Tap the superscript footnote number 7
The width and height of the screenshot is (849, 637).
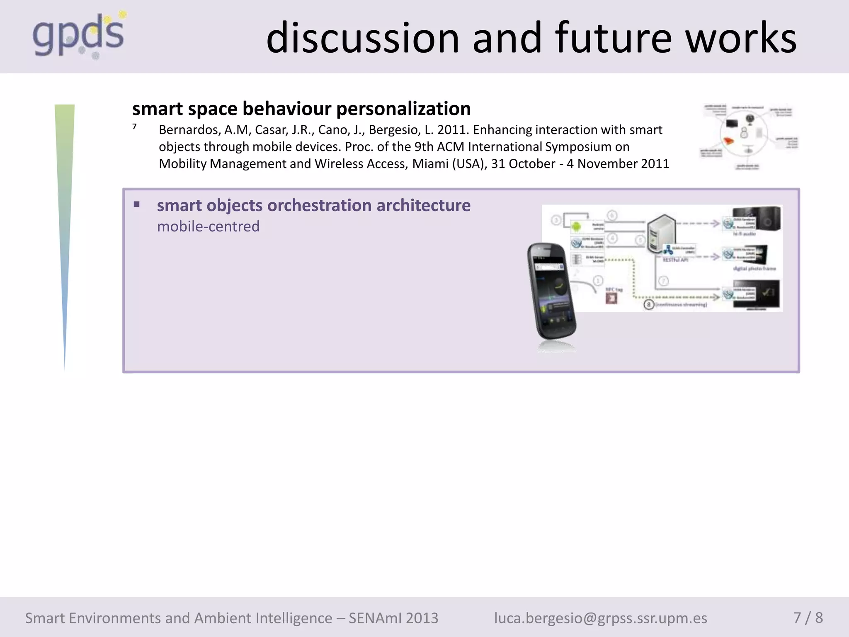[134, 127]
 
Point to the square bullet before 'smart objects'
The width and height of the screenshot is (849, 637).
[136, 204]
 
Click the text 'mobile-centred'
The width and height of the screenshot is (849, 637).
[208, 226]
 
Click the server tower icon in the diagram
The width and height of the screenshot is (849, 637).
[661, 233]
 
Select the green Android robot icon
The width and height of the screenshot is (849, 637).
[576, 226]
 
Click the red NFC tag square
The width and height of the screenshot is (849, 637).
[611, 298]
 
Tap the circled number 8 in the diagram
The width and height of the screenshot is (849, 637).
[649, 305]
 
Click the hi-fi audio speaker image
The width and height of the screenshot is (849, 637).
[768, 219]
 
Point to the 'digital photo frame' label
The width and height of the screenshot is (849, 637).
[754, 269]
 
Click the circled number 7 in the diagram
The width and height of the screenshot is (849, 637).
[664, 281]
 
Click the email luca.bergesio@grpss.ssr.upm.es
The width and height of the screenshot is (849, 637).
[600, 618]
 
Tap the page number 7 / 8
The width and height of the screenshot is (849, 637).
[808, 618]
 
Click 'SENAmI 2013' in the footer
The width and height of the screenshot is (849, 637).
[393, 618]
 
